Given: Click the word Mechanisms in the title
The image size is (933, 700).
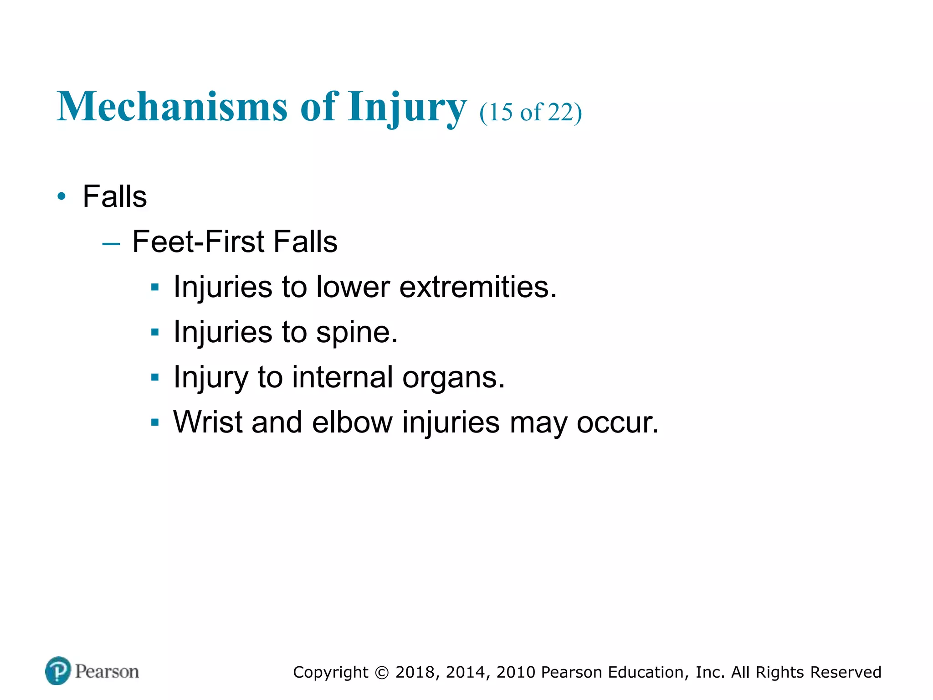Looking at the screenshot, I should coord(172,107).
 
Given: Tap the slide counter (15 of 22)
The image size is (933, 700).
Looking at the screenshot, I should coord(530,112).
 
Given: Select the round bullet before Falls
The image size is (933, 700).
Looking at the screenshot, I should coord(62,197).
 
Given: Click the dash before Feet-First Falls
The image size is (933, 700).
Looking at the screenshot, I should coord(111,244).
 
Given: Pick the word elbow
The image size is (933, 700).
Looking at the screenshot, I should coord(352,422).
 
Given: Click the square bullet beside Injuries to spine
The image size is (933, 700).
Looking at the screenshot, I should coord(155,333).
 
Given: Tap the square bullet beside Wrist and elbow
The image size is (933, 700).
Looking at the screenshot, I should coord(155,422).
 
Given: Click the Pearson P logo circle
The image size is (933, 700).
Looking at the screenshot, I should coord(58,671).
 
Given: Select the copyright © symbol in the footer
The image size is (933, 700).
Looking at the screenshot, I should coord(382,673).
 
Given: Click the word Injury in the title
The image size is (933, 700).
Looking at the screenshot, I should coord(407,108).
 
